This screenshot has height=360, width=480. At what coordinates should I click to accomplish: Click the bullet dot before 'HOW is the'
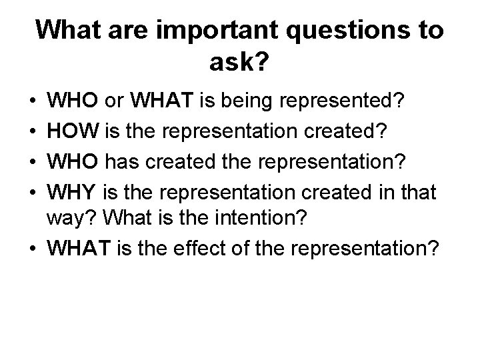33,127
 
